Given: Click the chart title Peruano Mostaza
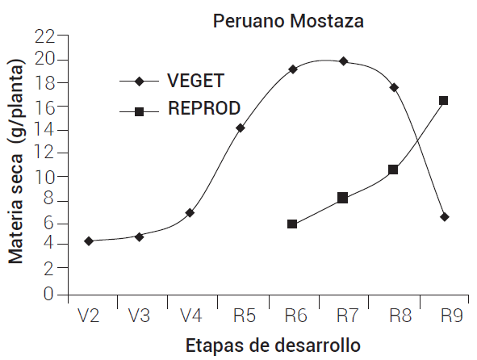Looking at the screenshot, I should (288, 21).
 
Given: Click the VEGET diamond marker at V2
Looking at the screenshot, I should (89, 241).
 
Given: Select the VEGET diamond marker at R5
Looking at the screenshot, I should (241, 128).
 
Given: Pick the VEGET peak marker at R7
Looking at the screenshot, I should (343, 61).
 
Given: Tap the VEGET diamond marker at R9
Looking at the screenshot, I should (445, 217).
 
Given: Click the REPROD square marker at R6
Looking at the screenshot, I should (292, 224).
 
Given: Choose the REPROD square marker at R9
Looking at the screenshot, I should (444, 101).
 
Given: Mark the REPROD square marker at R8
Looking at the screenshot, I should (393, 170).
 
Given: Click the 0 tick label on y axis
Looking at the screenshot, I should (50, 295).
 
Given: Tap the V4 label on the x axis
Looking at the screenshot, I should (190, 316).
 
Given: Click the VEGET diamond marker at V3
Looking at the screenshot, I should (140, 237).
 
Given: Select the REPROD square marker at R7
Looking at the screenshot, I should (342, 198).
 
